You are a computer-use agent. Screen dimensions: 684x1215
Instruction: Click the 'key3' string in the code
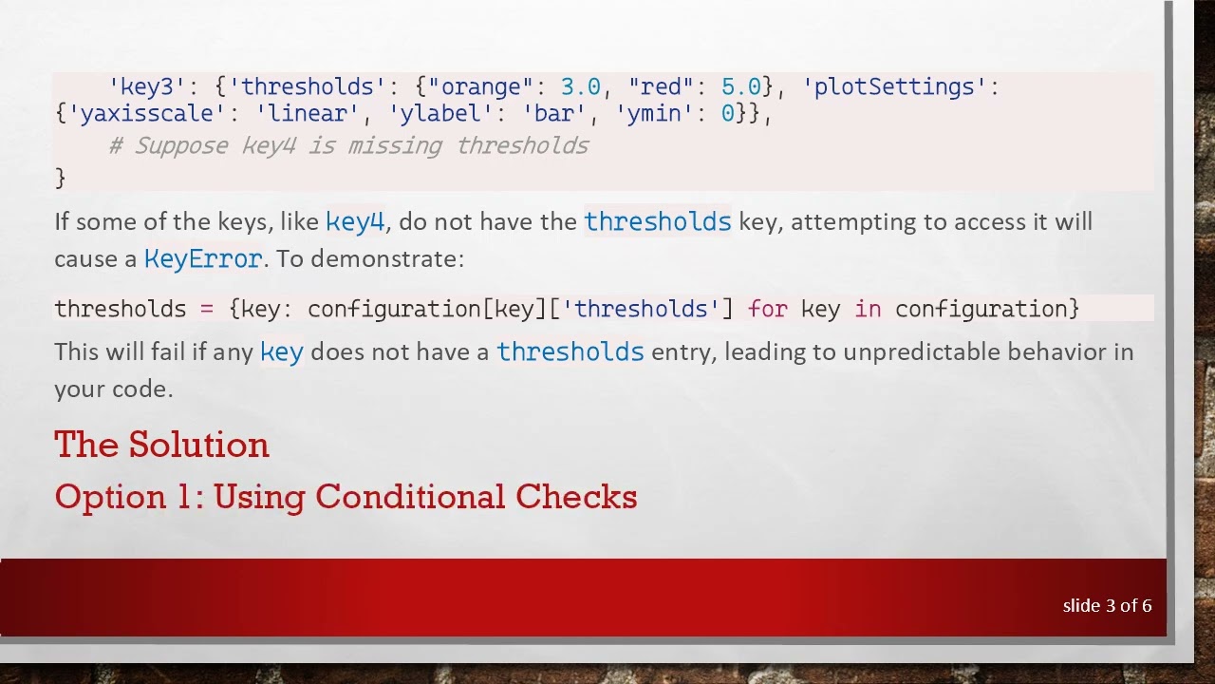coord(147,87)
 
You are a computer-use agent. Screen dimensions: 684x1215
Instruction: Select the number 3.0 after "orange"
coord(580,87)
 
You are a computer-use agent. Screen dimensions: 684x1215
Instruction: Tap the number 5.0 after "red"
coord(740,87)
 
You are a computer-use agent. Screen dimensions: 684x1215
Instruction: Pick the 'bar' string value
coord(554,114)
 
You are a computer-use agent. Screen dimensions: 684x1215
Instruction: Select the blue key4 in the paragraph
coord(355,222)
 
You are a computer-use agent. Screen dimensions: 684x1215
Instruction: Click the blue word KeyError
coord(203,259)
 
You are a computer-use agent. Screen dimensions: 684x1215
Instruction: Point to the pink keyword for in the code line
coord(767,309)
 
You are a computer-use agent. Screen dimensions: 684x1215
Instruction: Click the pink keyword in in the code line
coord(868,309)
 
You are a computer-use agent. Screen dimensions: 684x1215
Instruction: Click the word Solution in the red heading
coord(198,445)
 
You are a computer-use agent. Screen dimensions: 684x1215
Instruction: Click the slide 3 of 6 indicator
coord(1107,606)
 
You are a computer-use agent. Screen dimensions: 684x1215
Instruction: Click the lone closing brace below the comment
coord(60,178)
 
